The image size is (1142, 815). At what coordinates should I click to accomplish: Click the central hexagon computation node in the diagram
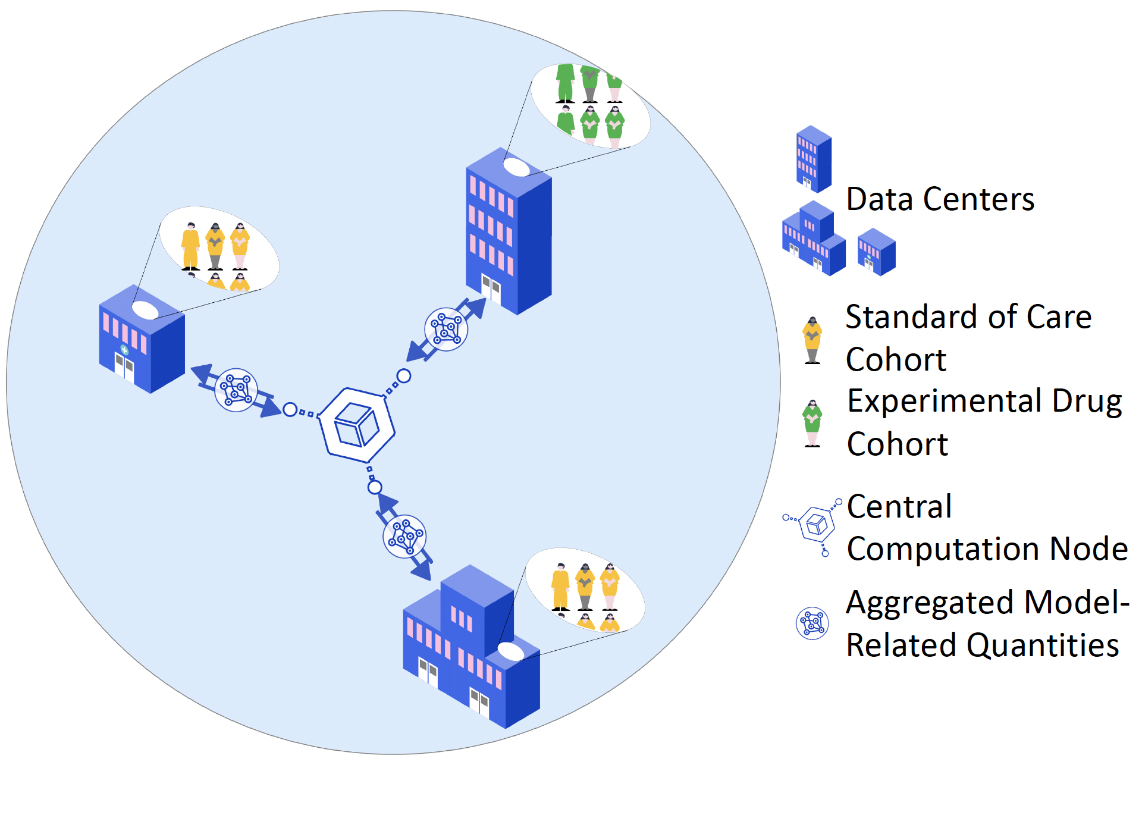point(356,425)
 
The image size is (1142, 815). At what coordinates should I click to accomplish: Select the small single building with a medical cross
point(142,342)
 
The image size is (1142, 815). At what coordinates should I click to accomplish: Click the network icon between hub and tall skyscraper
point(446,329)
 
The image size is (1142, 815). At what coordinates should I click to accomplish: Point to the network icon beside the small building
point(236,390)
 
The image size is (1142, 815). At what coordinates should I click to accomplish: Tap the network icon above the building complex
point(404,536)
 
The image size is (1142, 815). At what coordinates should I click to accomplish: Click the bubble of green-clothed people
point(590,106)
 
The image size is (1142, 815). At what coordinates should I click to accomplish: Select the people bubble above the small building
point(219,249)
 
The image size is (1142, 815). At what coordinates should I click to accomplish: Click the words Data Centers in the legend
point(940,199)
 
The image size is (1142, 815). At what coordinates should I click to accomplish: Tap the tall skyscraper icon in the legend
point(814,159)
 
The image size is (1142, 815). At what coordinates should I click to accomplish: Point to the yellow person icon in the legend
point(812,340)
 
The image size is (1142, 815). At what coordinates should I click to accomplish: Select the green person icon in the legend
point(812,423)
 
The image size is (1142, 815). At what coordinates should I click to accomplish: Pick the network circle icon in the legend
point(812,623)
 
